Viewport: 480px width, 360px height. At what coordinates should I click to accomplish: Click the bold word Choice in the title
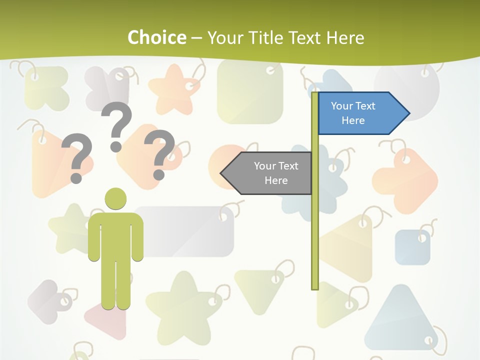coord(156,37)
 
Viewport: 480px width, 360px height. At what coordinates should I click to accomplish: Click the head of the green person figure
coord(115,198)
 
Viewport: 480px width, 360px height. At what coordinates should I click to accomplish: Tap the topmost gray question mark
coord(116,125)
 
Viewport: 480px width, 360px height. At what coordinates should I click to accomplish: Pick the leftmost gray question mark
coord(76,157)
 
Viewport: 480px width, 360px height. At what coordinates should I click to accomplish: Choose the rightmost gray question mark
coord(159,153)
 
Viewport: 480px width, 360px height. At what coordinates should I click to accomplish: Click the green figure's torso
coord(115,235)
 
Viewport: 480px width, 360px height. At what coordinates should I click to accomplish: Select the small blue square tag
coord(412,247)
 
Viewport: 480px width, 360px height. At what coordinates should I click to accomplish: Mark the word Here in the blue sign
coord(353,120)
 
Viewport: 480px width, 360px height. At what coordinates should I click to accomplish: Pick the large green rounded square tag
coord(250,92)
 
